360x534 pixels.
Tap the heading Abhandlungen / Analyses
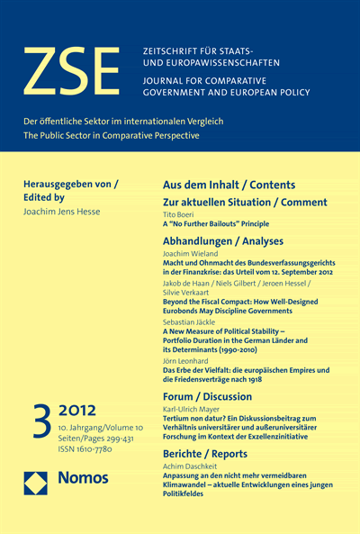click(x=222, y=240)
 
